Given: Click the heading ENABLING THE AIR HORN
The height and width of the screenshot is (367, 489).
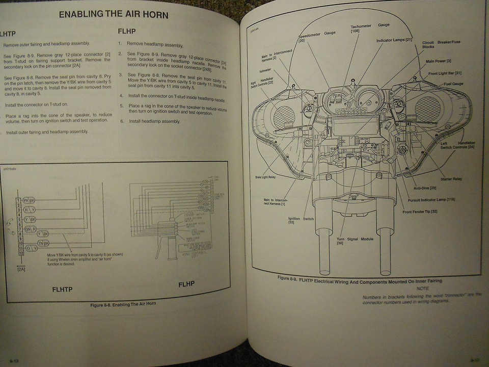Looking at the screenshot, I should coord(113,14).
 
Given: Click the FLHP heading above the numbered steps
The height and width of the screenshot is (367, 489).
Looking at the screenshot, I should coord(126,31).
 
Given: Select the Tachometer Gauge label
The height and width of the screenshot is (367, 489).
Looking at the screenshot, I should coord(370,28).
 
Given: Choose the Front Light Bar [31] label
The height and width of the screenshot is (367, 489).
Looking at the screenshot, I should coord(445,73).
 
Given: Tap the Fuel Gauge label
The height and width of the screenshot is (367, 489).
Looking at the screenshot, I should coord(454,84).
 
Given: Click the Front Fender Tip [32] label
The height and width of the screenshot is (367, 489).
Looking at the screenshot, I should coord(420,211).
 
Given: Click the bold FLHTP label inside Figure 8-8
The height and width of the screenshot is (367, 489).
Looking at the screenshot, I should coord(62,290).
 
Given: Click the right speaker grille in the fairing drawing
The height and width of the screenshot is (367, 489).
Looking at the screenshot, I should coord(428,108).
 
